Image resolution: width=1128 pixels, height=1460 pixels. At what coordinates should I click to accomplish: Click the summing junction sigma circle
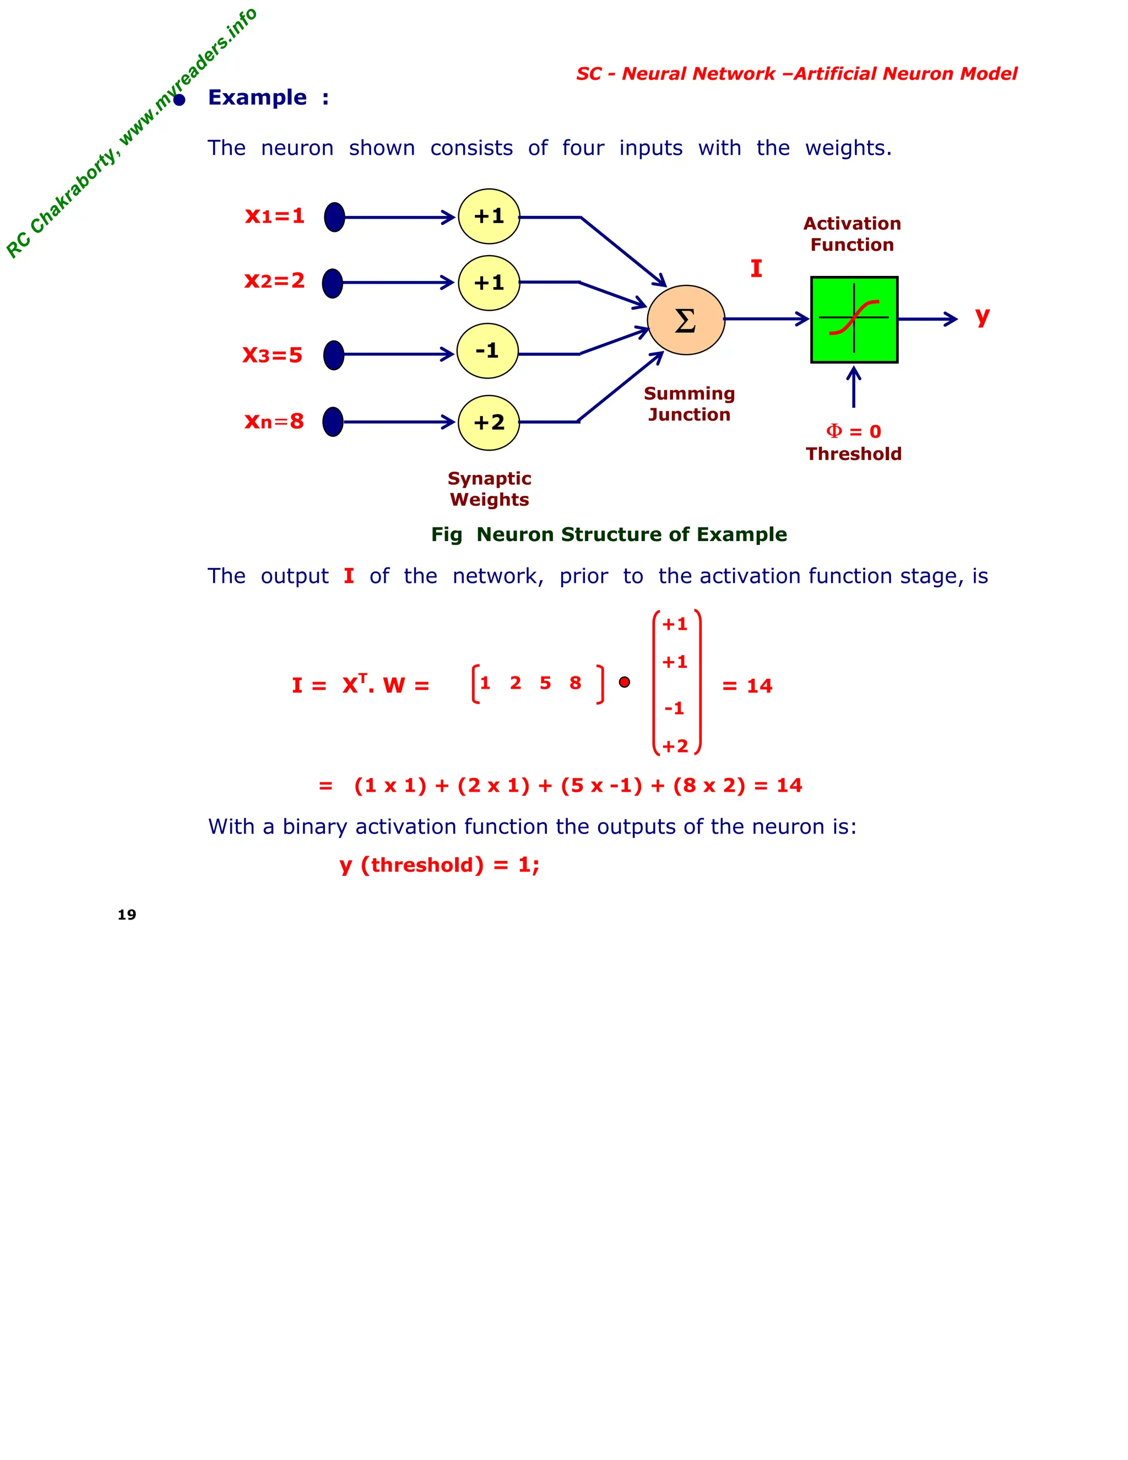tap(686, 320)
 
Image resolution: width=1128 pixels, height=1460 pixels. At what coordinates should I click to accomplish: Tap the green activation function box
tap(854, 320)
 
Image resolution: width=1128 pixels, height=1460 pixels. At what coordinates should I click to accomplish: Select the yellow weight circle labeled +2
tap(489, 423)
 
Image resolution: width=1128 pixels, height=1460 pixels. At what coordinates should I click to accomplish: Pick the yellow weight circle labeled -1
tap(487, 351)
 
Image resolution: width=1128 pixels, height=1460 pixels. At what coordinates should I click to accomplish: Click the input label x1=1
tap(275, 216)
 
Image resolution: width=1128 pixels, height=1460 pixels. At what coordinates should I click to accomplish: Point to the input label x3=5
tap(272, 354)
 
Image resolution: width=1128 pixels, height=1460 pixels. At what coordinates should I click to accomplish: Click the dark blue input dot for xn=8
tap(333, 422)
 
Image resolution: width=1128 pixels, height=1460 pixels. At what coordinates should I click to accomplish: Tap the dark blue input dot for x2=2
tap(332, 283)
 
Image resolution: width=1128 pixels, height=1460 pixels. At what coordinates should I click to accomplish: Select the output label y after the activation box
tap(981, 316)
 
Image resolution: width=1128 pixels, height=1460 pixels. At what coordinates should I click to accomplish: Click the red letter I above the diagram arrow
tap(756, 269)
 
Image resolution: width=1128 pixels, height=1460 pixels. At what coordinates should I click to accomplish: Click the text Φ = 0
tap(853, 431)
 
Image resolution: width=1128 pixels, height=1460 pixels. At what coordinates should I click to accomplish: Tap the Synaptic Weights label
tap(489, 489)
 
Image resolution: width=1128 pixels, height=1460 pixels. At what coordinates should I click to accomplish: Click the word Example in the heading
tap(257, 98)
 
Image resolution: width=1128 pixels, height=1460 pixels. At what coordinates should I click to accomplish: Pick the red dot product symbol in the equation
tap(624, 682)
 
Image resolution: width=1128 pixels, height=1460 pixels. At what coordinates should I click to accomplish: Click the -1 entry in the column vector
tap(674, 708)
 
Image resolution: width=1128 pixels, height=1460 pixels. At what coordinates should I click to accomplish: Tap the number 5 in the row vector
tap(545, 683)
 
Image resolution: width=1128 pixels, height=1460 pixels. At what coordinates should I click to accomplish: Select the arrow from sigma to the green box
tap(767, 319)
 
